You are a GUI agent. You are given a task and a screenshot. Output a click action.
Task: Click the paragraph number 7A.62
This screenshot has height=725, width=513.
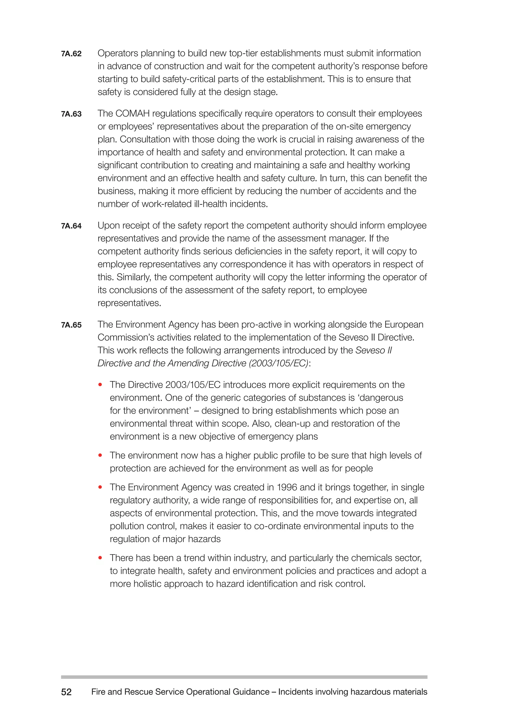tap(71, 54)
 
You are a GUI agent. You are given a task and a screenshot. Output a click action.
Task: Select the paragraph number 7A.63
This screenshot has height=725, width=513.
tap(71, 114)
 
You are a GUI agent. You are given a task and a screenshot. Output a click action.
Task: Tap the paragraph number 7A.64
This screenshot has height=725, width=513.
tap(71, 226)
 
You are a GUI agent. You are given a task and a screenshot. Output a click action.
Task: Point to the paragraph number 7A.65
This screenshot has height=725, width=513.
tap(71, 325)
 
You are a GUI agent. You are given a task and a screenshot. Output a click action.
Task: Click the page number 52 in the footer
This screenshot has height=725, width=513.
tap(66, 692)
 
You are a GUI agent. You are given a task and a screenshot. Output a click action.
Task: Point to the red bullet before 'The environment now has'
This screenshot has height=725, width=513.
tap(100, 455)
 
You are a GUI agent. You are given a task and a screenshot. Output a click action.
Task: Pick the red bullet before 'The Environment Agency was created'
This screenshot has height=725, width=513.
tap(100, 487)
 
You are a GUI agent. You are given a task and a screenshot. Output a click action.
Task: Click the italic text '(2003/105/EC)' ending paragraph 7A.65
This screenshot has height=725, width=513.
tap(278, 363)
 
